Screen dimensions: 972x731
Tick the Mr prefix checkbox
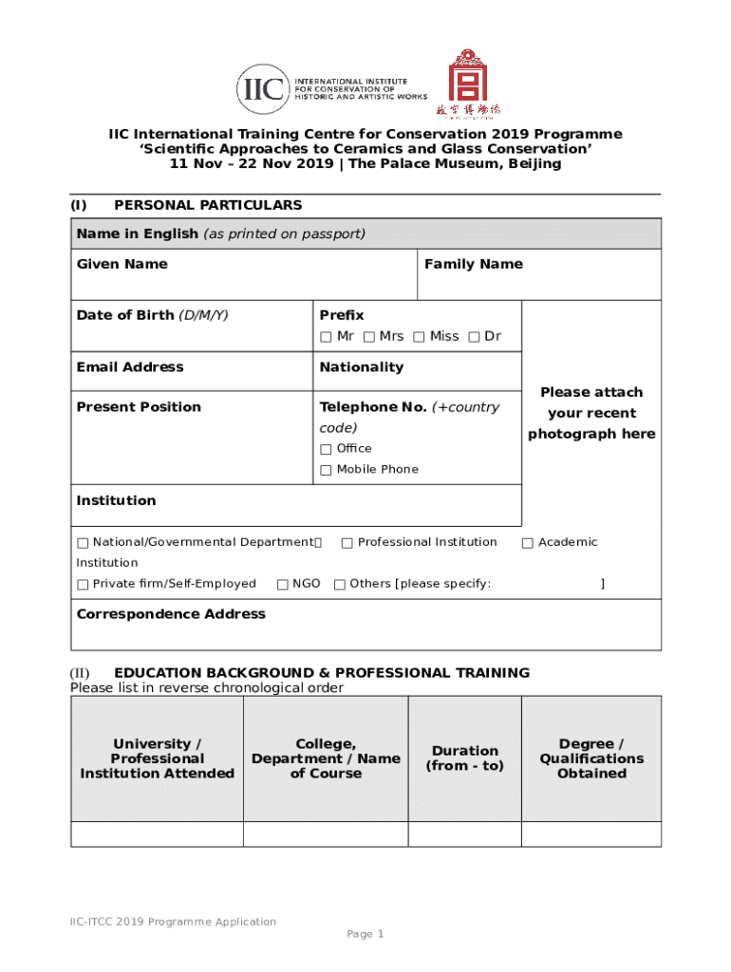click(x=326, y=337)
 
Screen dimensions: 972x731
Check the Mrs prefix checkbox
click(x=368, y=337)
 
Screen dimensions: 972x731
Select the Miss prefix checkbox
click(x=419, y=337)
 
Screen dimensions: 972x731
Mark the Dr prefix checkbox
click(x=474, y=337)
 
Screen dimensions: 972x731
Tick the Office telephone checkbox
click(x=326, y=449)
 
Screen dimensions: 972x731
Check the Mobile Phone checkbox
click(x=326, y=470)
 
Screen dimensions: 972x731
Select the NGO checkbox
click(x=283, y=585)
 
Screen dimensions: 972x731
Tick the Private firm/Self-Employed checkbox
click(x=83, y=585)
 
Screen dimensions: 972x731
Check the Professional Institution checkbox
click(x=347, y=543)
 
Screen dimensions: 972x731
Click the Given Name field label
click(x=122, y=264)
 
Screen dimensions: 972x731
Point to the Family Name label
click(x=473, y=264)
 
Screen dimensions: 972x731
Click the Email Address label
click(x=130, y=367)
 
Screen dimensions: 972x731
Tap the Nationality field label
click(x=361, y=367)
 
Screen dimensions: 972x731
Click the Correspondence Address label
click(x=171, y=614)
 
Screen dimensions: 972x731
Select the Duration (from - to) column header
click(x=464, y=757)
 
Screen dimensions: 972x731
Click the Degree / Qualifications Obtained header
click(x=591, y=757)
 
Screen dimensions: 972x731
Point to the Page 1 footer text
click(x=365, y=934)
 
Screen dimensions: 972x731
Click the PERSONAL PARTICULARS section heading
click(x=208, y=205)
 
